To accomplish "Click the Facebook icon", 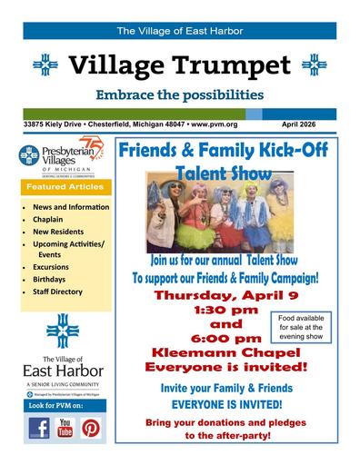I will pyautogui.click(x=38, y=428).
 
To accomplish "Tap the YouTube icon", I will pyautogui.click(x=65, y=428).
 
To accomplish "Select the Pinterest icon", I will pyautogui.click(x=92, y=428).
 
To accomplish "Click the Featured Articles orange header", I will pyautogui.click(x=65, y=186).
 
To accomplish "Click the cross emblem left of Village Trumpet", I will pyautogui.click(x=45, y=65).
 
